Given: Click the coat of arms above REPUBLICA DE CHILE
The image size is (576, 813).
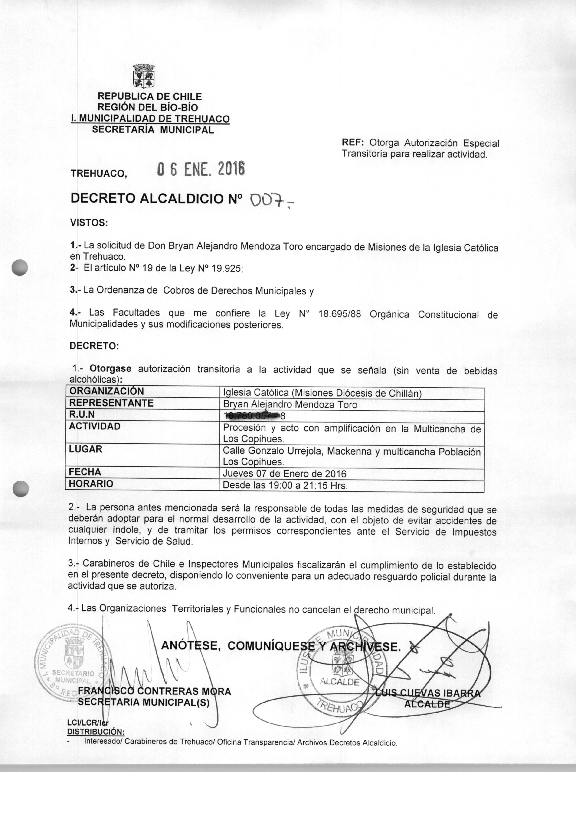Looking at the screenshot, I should click(x=144, y=76).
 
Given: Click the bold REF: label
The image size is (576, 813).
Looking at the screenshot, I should click(x=353, y=142).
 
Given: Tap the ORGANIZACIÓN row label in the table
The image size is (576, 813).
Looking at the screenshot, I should click(x=106, y=391).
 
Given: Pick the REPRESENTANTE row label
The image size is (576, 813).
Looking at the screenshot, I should click(x=111, y=403).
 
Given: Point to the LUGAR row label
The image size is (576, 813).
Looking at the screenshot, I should click(x=85, y=449).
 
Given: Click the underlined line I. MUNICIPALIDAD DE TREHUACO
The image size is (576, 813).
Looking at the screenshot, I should click(x=150, y=119).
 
